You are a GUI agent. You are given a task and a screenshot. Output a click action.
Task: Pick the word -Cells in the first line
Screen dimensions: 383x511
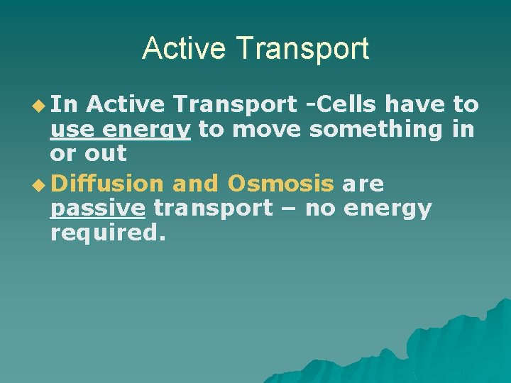(340, 105)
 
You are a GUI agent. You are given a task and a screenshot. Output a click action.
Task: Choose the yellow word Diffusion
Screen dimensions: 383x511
(107, 184)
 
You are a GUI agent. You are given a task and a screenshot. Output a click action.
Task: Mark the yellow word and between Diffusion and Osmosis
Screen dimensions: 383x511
(196, 184)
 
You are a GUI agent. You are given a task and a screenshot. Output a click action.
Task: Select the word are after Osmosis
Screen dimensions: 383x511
(363, 184)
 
